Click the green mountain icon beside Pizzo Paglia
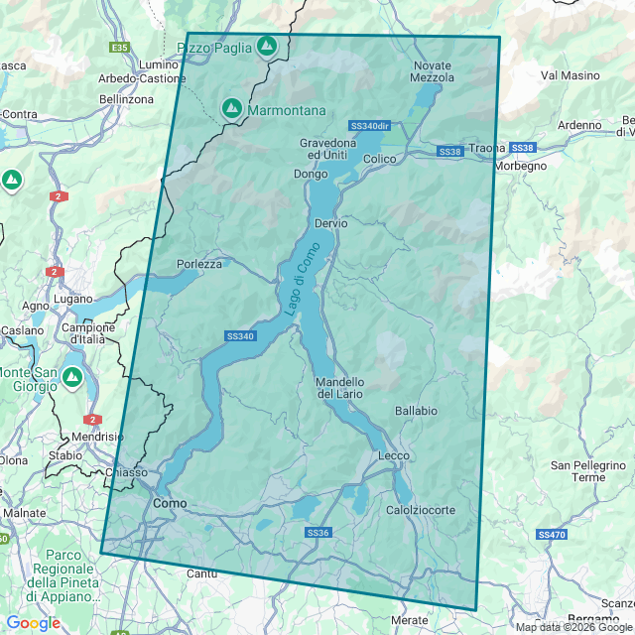coord(266,46)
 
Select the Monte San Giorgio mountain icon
coord(71,377)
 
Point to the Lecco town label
coord(394,455)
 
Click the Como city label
coord(169,504)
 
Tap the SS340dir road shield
coord(370,126)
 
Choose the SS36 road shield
coord(317,533)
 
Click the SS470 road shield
coord(551,534)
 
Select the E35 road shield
coord(120,47)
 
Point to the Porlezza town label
coord(199,264)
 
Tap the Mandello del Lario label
coord(340,388)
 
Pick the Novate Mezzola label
coord(432,71)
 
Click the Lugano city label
coord(74,299)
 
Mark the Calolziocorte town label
coord(421,510)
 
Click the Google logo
coord(33,623)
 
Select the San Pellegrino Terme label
coord(577,470)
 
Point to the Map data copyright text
coord(573,627)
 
